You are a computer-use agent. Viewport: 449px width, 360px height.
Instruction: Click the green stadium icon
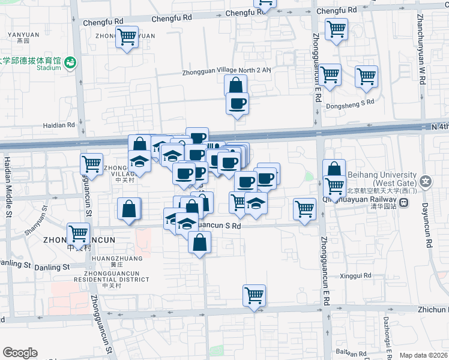[x=71, y=62]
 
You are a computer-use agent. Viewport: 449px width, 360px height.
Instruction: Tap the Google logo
[x=20, y=353]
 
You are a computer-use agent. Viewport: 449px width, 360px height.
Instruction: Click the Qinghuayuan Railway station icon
[x=406, y=202]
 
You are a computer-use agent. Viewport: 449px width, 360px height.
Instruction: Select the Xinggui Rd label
[x=356, y=275]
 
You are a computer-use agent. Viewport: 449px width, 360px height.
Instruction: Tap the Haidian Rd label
[x=58, y=125]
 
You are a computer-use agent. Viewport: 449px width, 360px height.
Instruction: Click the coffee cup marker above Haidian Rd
[x=237, y=103]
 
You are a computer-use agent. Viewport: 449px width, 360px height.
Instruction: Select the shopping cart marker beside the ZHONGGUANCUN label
[x=78, y=233]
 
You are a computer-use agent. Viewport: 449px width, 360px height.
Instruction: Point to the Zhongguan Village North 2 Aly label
[x=228, y=71]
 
